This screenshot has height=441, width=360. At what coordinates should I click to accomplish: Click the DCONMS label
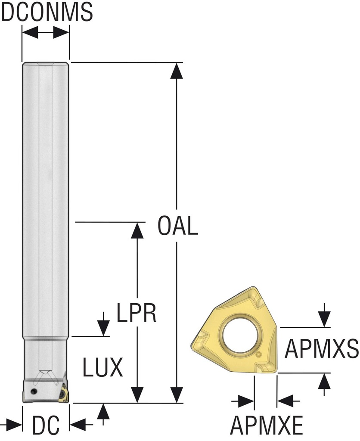[47, 12]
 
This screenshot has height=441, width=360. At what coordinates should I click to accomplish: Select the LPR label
[136, 314]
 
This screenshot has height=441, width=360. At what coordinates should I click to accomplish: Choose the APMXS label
[321, 348]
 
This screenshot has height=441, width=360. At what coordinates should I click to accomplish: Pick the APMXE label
[267, 426]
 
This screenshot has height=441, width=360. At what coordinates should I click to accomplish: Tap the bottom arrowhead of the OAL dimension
[176, 394]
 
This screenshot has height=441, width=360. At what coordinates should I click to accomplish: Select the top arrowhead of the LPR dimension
[137, 230]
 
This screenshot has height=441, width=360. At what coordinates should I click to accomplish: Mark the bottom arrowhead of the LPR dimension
[137, 394]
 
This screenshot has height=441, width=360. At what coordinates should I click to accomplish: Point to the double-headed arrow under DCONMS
[46, 33]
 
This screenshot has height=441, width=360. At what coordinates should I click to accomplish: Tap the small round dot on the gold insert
[258, 354]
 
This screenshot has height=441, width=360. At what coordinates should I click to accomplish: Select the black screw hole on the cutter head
[34, 391]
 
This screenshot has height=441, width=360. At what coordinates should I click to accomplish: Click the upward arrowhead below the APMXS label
[324, 381]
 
